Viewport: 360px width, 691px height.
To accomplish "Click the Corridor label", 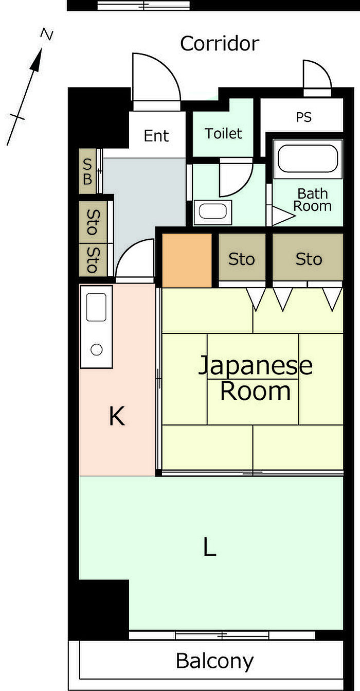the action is click(x=220, y=44).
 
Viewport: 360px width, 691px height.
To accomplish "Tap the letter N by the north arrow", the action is click(x=46, y=34).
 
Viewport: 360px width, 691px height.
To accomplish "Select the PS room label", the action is click(x=304, y=117).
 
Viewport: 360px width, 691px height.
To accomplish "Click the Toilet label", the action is click(x=224, y=134).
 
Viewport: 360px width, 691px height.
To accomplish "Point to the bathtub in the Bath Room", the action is click(x=308, y=159).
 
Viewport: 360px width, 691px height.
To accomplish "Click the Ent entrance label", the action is click(x=156, y=136).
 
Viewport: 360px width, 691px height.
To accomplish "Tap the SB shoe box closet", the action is click(x=87, y=171).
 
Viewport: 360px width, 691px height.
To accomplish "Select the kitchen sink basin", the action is click(x=96, y=307).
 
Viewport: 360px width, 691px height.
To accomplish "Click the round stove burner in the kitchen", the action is click(x=97, y=349).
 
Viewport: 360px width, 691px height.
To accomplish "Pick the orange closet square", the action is click(x=187, y=261).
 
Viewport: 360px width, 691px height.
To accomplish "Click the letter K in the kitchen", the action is click(x=117, y=416).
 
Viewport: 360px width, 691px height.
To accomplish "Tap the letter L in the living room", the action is click(x=210, y=546).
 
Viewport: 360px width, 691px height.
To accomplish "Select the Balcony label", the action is click(x=214, y=661).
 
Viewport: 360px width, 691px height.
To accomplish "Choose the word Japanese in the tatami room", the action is click(x=256, y=365).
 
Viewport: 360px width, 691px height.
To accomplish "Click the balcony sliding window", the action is click(x=222, y=635).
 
